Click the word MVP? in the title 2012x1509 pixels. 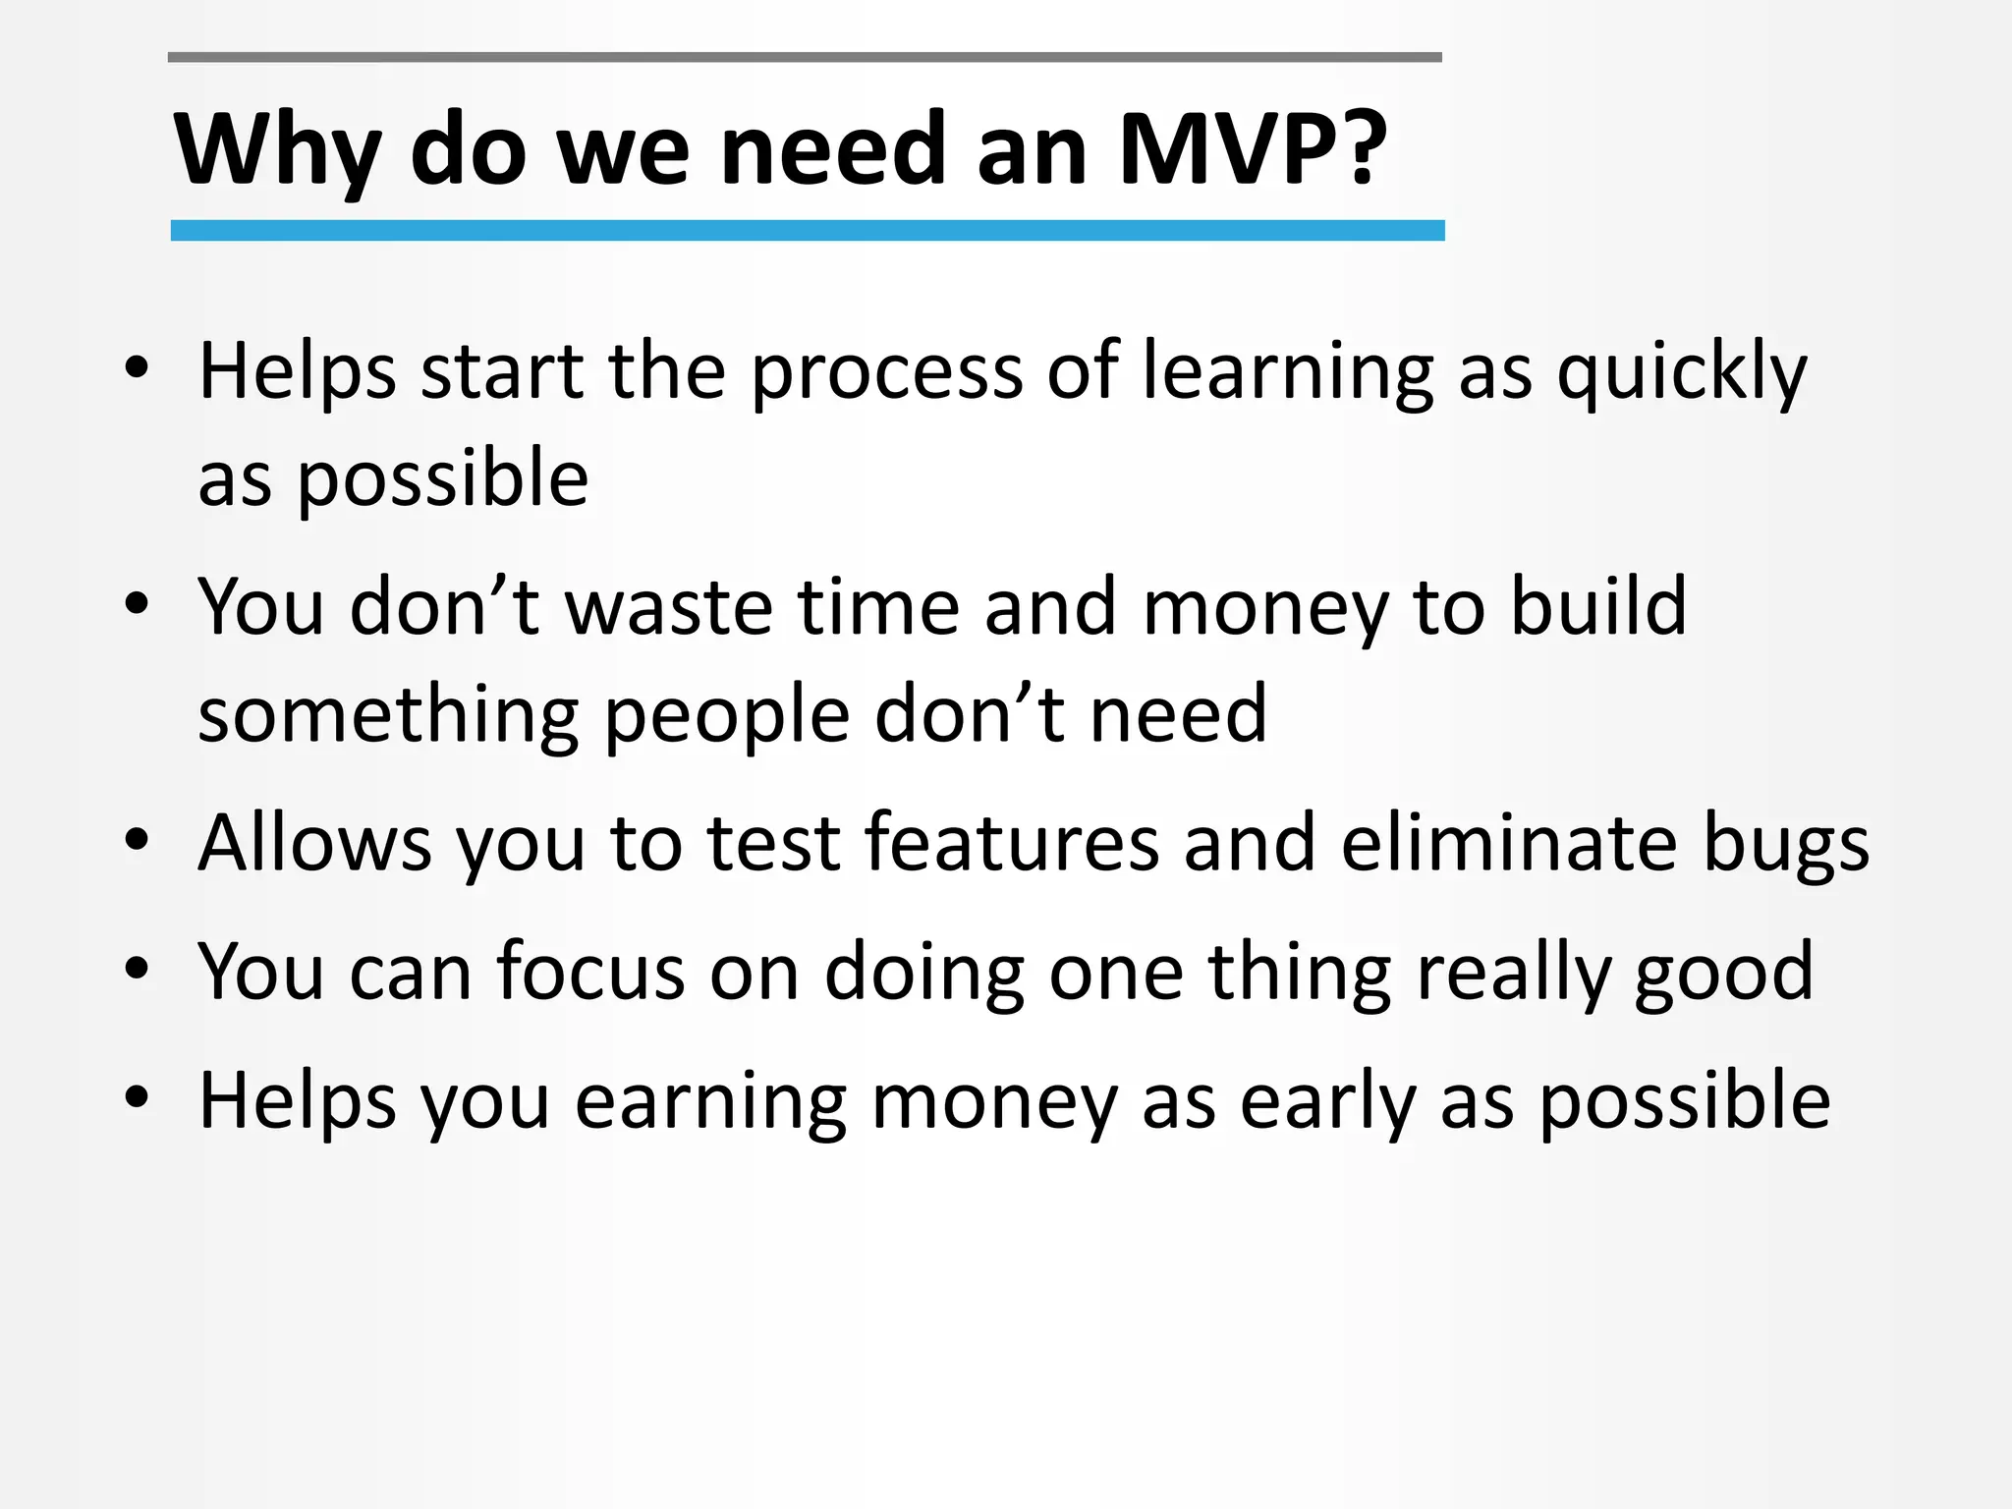point(1253,149)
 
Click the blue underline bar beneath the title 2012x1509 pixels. point(807,231)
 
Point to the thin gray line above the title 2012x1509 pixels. point(805,58)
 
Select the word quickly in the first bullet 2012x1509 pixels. point(1682,373)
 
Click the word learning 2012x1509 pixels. point(1288,373)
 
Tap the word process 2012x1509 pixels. point(887,373)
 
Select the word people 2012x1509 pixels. point(726,715)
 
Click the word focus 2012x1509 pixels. point(590,972)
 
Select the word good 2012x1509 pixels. point(1724,972)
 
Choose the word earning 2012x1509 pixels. point(710,1102)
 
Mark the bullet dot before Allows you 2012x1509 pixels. point(137,840)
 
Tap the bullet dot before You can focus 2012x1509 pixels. point(137,969)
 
